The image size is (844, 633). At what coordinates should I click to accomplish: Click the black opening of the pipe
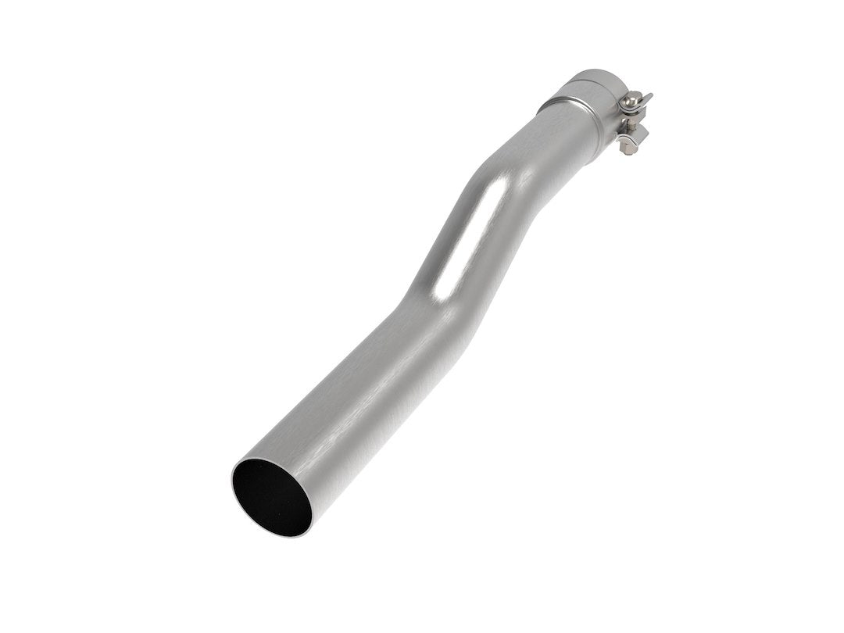270,496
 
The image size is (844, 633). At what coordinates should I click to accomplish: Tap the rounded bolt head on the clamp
631,100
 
